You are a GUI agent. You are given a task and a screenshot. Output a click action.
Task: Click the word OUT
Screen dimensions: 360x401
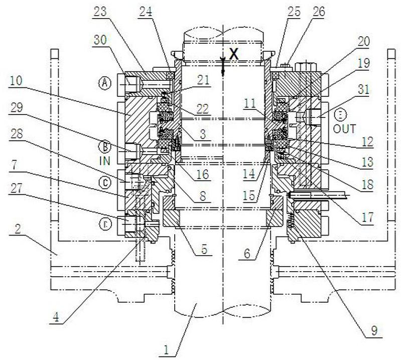tap(345, 129)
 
